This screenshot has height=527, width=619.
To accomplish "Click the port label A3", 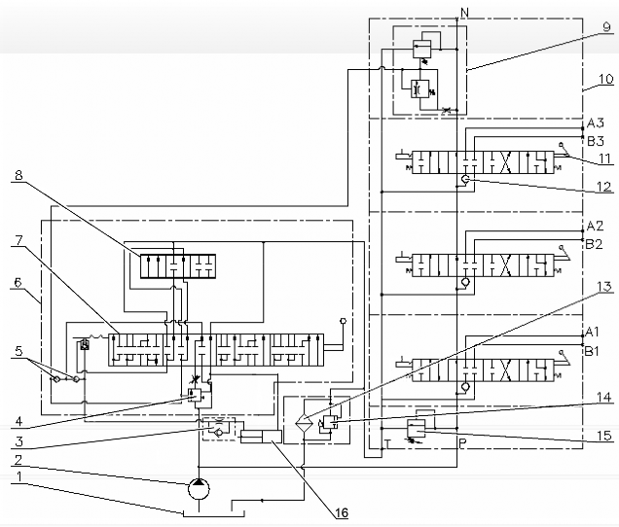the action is [x=595, y=123].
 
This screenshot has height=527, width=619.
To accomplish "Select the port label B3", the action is [x=595, y=141].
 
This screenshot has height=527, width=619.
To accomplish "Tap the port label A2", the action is [x=595, y=226].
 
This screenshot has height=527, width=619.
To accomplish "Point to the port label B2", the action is [x=594, y=244].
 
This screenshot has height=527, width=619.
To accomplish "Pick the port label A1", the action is [x=592, y=333].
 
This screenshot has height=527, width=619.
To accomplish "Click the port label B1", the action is [x=592, y=351].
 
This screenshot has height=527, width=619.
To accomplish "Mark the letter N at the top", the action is [x=464, y=13].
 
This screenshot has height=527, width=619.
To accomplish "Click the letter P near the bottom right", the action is [x=462, y=442].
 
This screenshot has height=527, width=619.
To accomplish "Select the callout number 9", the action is [x=606, y=27].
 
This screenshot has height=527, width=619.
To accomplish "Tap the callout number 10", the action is [x=606, y=79].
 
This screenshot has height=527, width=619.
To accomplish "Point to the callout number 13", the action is [x=604, y=287].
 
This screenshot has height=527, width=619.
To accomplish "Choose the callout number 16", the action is [x=342, y=512].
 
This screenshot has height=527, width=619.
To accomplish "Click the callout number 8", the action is [x=18, y=175].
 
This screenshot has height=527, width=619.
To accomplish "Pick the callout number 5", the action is [x=18, y=351].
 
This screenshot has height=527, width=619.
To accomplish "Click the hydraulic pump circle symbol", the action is [x=199, y=489].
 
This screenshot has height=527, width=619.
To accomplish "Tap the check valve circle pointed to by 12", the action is [x=465, y=180].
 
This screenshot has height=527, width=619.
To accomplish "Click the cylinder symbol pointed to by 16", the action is [x=261, y=437].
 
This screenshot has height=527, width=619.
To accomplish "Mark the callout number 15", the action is [x=604, y=436].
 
